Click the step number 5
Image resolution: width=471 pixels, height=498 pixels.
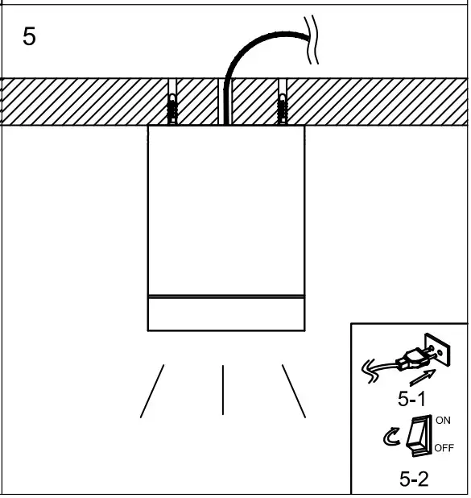coord(29,38)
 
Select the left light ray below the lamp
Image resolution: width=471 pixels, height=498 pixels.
coord(152,391)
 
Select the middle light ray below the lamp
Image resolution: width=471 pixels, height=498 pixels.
coord(223,389)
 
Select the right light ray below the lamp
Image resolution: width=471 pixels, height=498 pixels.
coord(294,391)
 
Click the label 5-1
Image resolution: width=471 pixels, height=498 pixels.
coord(411,397)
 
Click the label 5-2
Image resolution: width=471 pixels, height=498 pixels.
coord(413,479)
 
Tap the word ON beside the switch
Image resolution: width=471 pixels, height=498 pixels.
coord(444,420)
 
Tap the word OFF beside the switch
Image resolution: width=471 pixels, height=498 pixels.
coord(444,447)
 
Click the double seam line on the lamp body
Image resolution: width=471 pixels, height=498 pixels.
coord(227,297)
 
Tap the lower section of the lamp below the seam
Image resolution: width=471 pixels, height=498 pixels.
coord(227,314)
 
